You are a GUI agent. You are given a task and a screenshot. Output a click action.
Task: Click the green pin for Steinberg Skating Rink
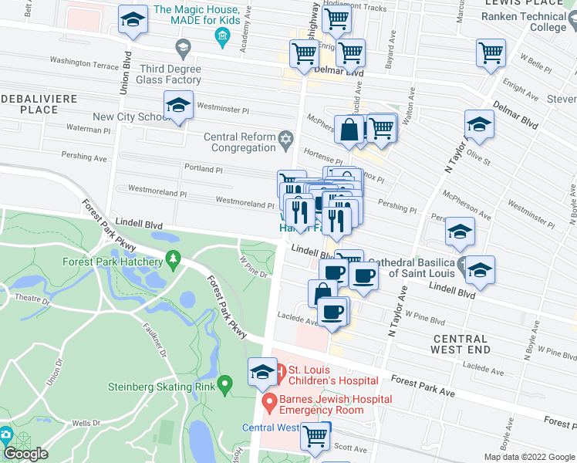(x=224, y=383)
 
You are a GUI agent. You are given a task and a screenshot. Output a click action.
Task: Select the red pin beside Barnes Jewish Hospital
(x=269, y=403)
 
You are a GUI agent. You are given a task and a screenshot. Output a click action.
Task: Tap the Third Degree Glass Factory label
(x=169, y=74)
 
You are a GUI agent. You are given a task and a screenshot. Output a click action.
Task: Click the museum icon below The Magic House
(x=222, y=35)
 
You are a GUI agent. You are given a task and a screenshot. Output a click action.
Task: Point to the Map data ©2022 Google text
(x=529, y=457)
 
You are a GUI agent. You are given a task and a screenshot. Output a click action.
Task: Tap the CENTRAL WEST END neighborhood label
(x=461, y=344)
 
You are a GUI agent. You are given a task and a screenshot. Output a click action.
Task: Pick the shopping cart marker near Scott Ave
(x=315, y=435)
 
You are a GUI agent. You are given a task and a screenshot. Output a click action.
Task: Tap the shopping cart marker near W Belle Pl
(x=491, y=53)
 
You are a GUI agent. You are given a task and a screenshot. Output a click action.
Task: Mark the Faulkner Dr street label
(x=154, y=339)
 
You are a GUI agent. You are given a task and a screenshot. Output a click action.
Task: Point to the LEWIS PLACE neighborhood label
(x=541, y=3)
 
